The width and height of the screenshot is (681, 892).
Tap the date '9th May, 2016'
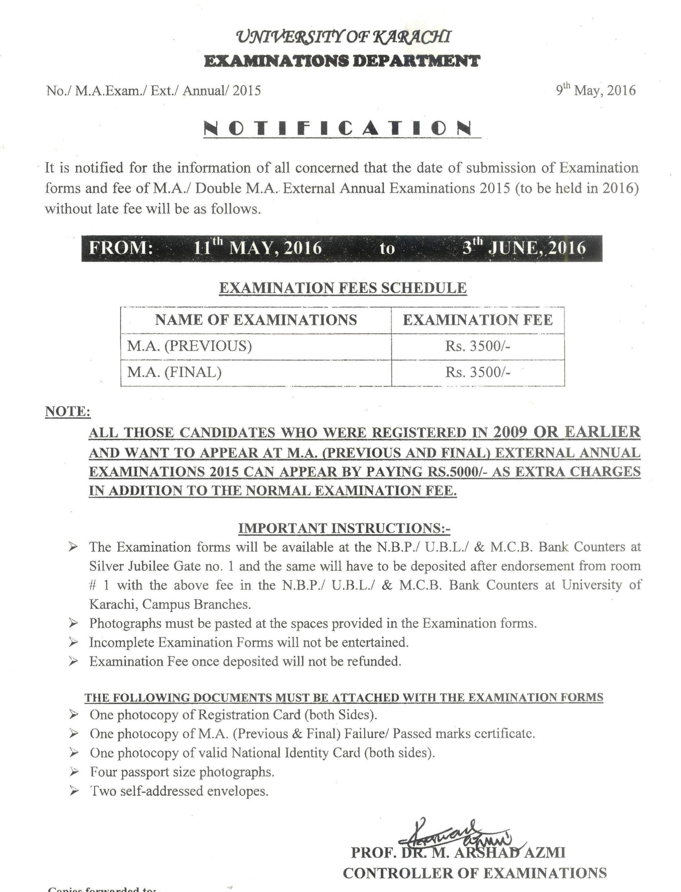596,90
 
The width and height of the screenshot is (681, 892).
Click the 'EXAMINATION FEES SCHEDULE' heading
343,288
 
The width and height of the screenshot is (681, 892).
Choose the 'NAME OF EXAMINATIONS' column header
256,320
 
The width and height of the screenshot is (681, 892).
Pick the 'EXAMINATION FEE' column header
478,320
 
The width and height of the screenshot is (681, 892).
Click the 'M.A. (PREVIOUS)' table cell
189,346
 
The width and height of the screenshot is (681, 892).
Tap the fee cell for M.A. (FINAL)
478,372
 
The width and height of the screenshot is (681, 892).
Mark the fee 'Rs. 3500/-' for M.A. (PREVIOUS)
478,346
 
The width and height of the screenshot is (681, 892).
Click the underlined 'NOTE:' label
68,412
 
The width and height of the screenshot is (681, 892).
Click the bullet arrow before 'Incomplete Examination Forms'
73,642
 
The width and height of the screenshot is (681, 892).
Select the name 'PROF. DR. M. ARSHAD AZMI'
458,853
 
